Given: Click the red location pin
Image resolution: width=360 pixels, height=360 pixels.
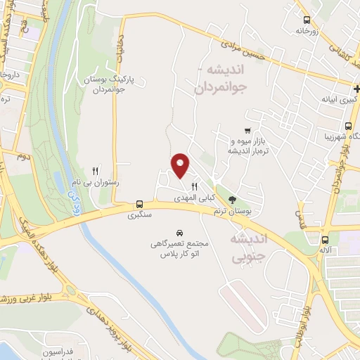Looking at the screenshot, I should pyautogui.click(x=181, y=165).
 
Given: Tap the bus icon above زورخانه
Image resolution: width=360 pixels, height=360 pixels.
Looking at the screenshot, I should pyautogui.click(x=306, y=20).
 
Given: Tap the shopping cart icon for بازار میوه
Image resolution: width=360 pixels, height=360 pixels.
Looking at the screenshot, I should pyautogui.click(x=246, y=130).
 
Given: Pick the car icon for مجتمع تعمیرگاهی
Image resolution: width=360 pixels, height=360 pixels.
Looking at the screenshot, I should pyautogui.click(x=179, y=231).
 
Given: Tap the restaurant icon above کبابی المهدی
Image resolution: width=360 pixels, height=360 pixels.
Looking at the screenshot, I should pyautogui.click(x=194, y=187).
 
